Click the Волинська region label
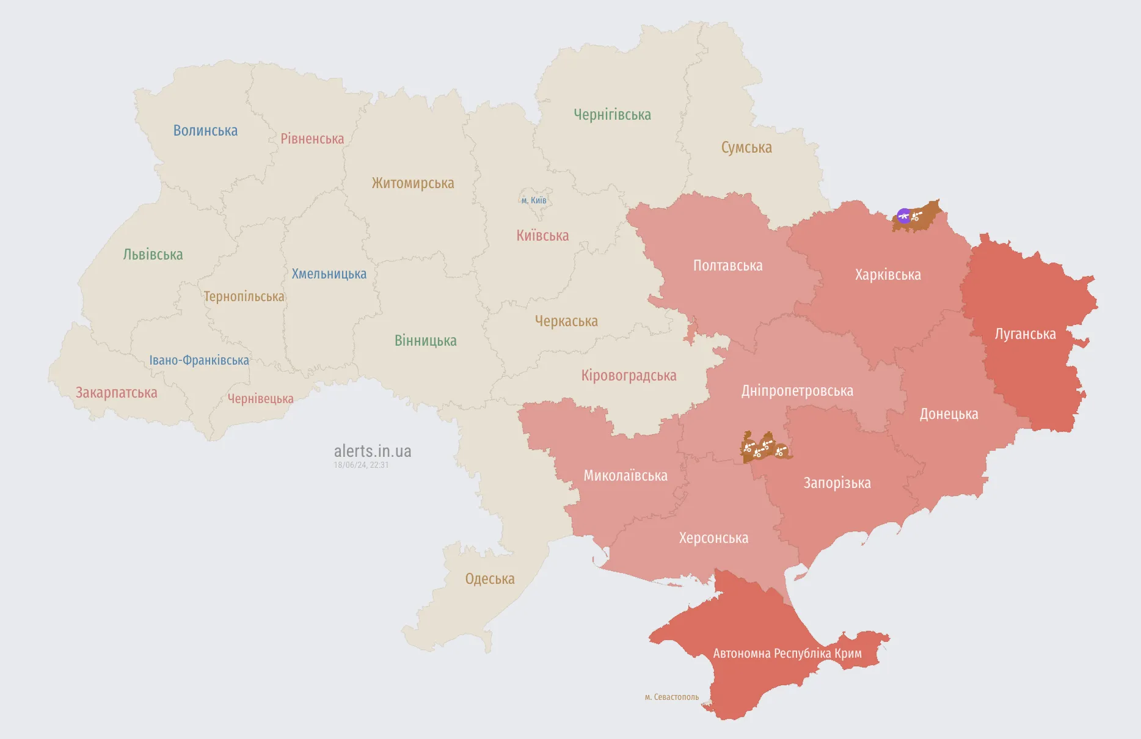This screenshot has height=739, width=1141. [x=205, y=131]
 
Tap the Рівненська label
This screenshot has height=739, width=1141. [x=312, y=139]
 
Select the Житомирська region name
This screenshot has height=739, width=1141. [x=413, y=183]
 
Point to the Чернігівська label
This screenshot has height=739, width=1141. [x=612, y=115]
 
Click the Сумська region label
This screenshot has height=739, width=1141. [x=746, y=148]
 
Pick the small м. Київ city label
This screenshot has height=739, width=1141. [x=534, y=200]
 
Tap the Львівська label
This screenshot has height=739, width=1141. [x=153, y=255]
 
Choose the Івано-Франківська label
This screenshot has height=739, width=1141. [x=199, y=360]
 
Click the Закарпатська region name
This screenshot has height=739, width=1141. [x=116, y=393]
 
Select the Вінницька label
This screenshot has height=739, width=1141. [x=425, y=341]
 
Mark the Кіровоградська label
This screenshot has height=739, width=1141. [x=629, y=376]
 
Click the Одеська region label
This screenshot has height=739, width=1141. [x=490, y=579]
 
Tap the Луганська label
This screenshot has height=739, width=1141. [x=1025, y=334]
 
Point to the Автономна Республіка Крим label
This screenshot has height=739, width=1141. [x=787, y=653]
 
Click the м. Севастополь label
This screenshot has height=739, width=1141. [x=671, y=697]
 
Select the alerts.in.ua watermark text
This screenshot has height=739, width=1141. [x=373, y=451]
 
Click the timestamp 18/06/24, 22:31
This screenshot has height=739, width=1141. [x=361, y=465]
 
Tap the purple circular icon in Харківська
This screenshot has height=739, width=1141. [x=903, y=216]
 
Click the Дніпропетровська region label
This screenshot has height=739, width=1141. [x=797, y=391]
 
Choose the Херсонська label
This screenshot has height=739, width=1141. [x=713, y=538]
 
